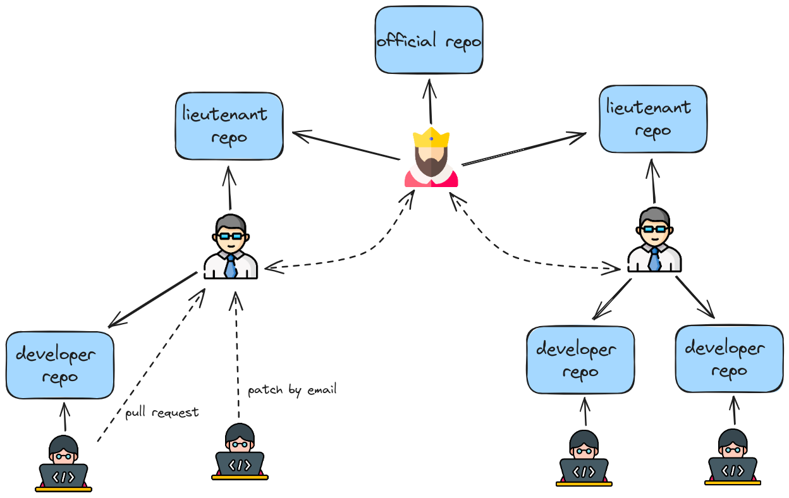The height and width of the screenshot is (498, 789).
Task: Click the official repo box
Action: [429, 40]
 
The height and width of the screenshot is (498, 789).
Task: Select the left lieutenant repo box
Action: [229, 126]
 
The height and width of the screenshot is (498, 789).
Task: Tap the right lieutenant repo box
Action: [652, 119]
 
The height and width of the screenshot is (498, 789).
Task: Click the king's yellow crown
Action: [431, 137]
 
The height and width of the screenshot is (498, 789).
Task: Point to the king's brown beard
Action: [431, 166]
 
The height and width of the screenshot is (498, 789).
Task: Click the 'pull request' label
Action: [162, 413]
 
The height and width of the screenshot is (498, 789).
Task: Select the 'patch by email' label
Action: [292, 389]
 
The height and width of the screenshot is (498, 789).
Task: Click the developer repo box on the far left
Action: [60, 365]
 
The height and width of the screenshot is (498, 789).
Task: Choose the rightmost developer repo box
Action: [729, 359]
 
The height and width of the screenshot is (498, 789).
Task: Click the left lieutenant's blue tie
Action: [231, 266]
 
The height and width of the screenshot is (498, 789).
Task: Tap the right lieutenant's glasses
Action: [654, 229]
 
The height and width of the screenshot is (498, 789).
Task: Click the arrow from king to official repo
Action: [430, 101]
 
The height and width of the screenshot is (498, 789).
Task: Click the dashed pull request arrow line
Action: [152, 367]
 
